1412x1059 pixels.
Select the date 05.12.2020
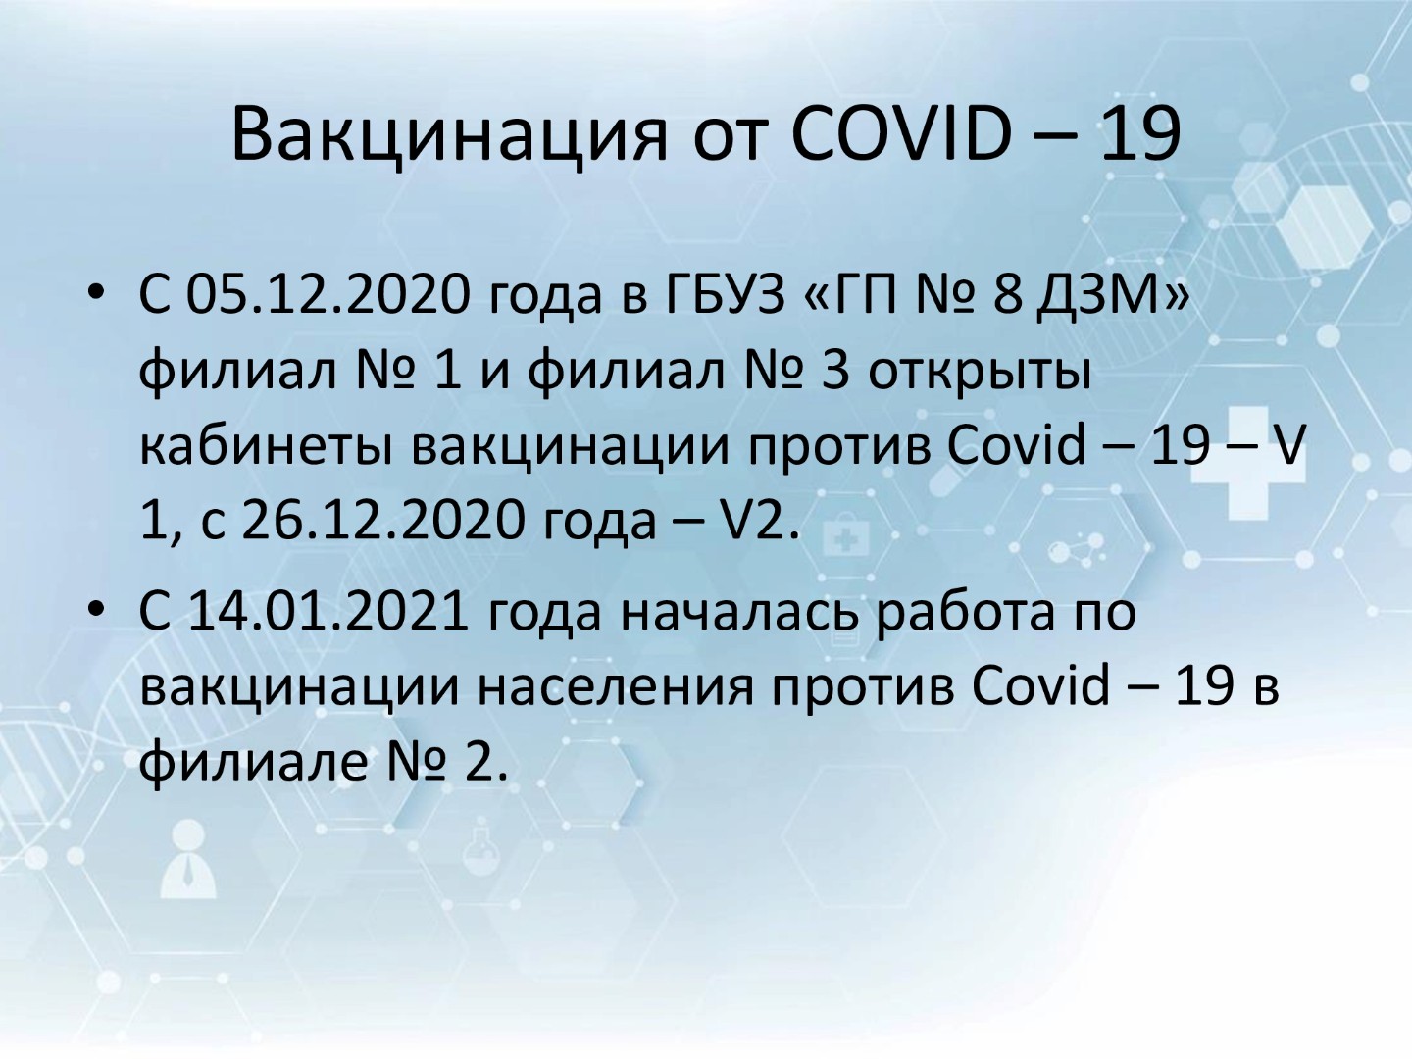[x=328, y=296]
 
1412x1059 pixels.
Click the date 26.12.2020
[x=383, y=521]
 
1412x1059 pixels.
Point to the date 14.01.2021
[x=328, y=612]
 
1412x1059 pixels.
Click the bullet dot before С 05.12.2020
[x=96, y=293]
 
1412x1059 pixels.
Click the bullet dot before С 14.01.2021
[x=96, y=609]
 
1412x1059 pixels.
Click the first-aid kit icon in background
[x=845, y=539]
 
